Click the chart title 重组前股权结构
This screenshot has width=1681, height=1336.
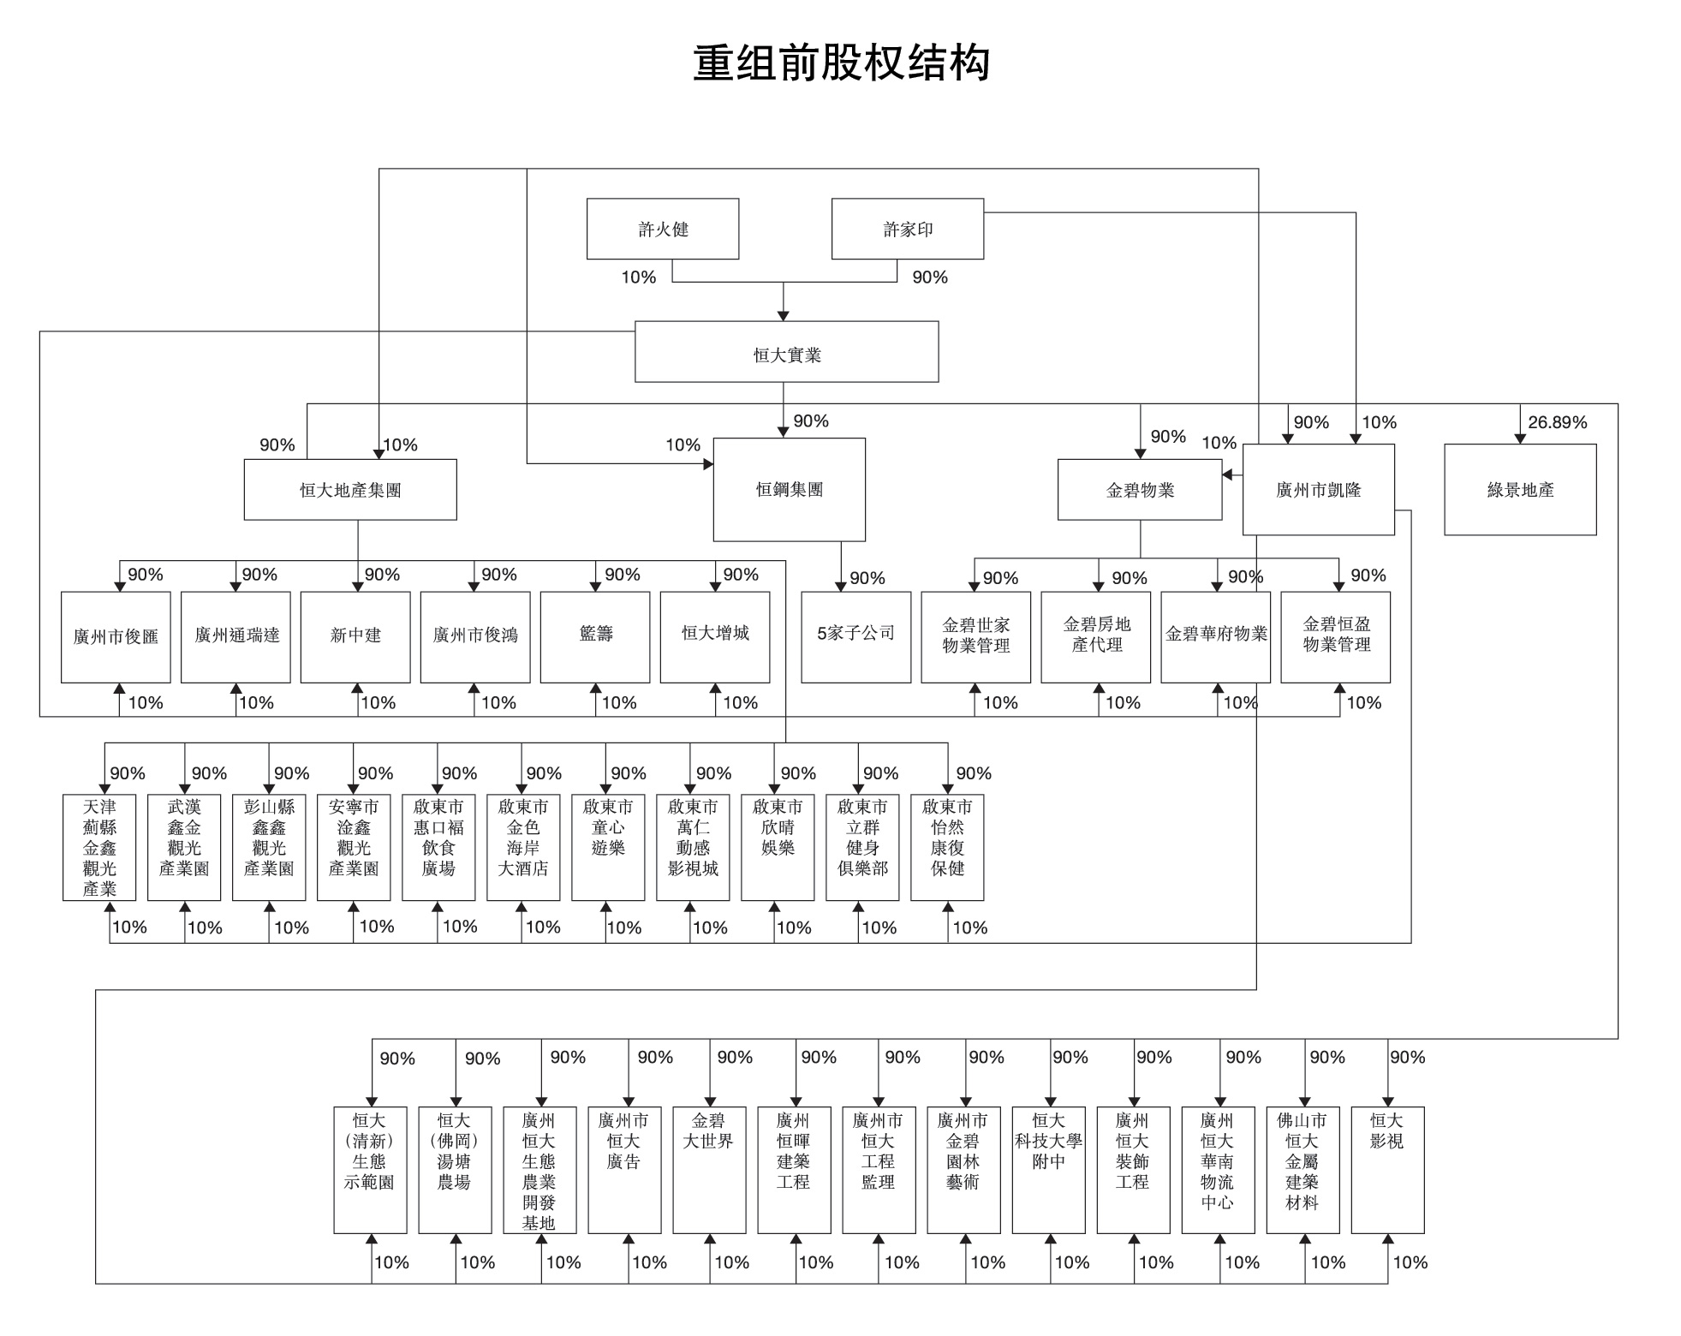[841, 63]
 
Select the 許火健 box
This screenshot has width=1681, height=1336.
[663, 229]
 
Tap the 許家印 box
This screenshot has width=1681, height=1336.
[908, 229]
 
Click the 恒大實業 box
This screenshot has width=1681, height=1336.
[786, 352]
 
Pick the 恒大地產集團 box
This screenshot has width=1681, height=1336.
[350, 490]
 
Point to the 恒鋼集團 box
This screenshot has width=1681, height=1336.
[789, 490]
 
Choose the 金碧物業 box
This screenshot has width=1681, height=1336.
[1140, 490]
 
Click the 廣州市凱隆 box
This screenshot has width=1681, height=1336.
[1319, 490]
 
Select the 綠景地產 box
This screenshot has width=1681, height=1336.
[1520, 490]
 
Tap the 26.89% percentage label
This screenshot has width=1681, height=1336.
[1558, 422]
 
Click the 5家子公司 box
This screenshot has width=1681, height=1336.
[855, 637]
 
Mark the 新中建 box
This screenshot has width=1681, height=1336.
[355, 637]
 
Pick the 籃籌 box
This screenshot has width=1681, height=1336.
[595, 637]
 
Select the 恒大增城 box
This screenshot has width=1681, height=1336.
[715, 637]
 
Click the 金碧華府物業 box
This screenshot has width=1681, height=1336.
[1215, 637]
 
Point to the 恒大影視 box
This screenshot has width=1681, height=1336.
[1387, 1170]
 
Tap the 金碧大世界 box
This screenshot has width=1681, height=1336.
[709, 1170]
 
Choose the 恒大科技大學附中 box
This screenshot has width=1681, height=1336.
[1048, 1170]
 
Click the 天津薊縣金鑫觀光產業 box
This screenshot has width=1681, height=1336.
[99, 847]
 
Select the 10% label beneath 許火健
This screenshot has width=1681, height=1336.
[639, 277]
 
